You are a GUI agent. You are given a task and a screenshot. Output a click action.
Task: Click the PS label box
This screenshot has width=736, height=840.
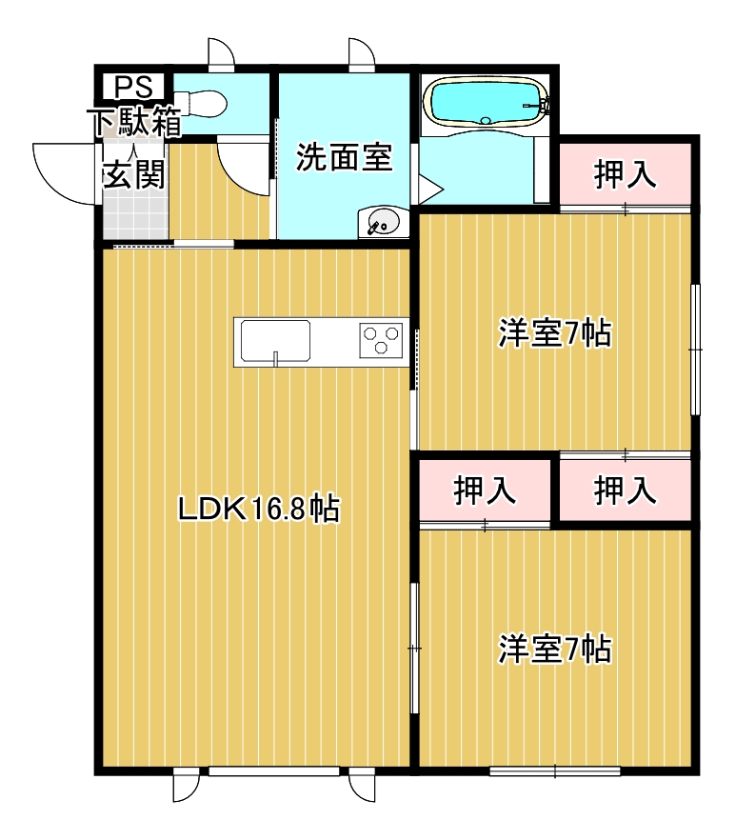(133, 87)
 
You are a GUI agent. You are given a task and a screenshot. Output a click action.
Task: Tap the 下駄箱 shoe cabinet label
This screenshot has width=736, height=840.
(137, 121)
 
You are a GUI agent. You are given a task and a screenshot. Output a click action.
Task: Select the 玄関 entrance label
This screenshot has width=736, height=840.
(133, 173)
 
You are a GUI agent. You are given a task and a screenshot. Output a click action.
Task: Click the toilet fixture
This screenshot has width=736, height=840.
(201, 103)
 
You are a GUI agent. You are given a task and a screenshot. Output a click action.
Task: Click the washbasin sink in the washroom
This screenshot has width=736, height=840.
(383, 222)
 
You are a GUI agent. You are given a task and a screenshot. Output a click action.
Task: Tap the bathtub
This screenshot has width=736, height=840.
(486, 102)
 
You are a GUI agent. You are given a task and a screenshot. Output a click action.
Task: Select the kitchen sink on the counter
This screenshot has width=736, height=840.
(275, 341)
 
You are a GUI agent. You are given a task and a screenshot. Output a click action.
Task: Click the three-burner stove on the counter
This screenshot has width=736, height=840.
(381, 340)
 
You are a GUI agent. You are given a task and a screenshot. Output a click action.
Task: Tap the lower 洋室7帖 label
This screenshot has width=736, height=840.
(555, 649)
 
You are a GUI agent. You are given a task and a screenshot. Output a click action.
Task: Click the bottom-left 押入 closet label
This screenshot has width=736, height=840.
(485, 490)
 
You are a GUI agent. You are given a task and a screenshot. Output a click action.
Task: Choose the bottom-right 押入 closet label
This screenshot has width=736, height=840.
(626, 490)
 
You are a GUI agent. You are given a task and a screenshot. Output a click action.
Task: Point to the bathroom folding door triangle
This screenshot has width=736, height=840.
(430, 189)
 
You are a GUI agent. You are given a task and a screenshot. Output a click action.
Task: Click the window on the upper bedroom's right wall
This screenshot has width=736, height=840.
(695, 350)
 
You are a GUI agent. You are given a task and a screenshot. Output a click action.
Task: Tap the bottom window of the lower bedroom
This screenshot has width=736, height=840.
(555, 771)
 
